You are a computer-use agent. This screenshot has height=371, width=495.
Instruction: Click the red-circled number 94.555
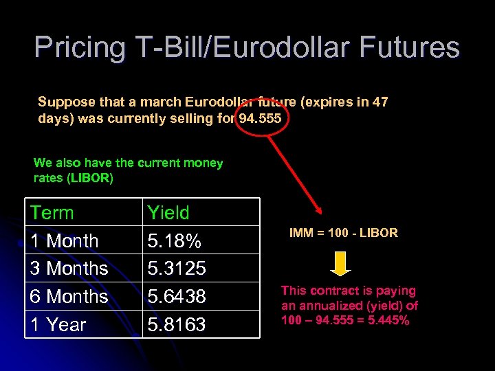pos(259,118)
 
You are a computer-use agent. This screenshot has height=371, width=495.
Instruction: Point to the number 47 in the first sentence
pos(379,102)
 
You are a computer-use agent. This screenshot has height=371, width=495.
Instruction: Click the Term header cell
pos(52,213)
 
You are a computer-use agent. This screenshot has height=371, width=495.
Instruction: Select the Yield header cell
pos(168,213)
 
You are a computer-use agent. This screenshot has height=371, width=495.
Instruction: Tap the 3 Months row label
pos(69,269)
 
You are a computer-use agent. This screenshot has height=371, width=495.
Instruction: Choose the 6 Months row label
pos(69,297)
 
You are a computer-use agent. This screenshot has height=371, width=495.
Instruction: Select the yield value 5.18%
pos(175,241)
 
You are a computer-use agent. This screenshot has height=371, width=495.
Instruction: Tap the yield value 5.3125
pos(176,269)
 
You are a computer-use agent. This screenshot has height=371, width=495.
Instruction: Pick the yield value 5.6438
pos(176,297)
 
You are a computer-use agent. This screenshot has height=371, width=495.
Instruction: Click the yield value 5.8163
pos(176,324)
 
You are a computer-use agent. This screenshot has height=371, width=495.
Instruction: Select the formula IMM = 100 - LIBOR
pos(343,233)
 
